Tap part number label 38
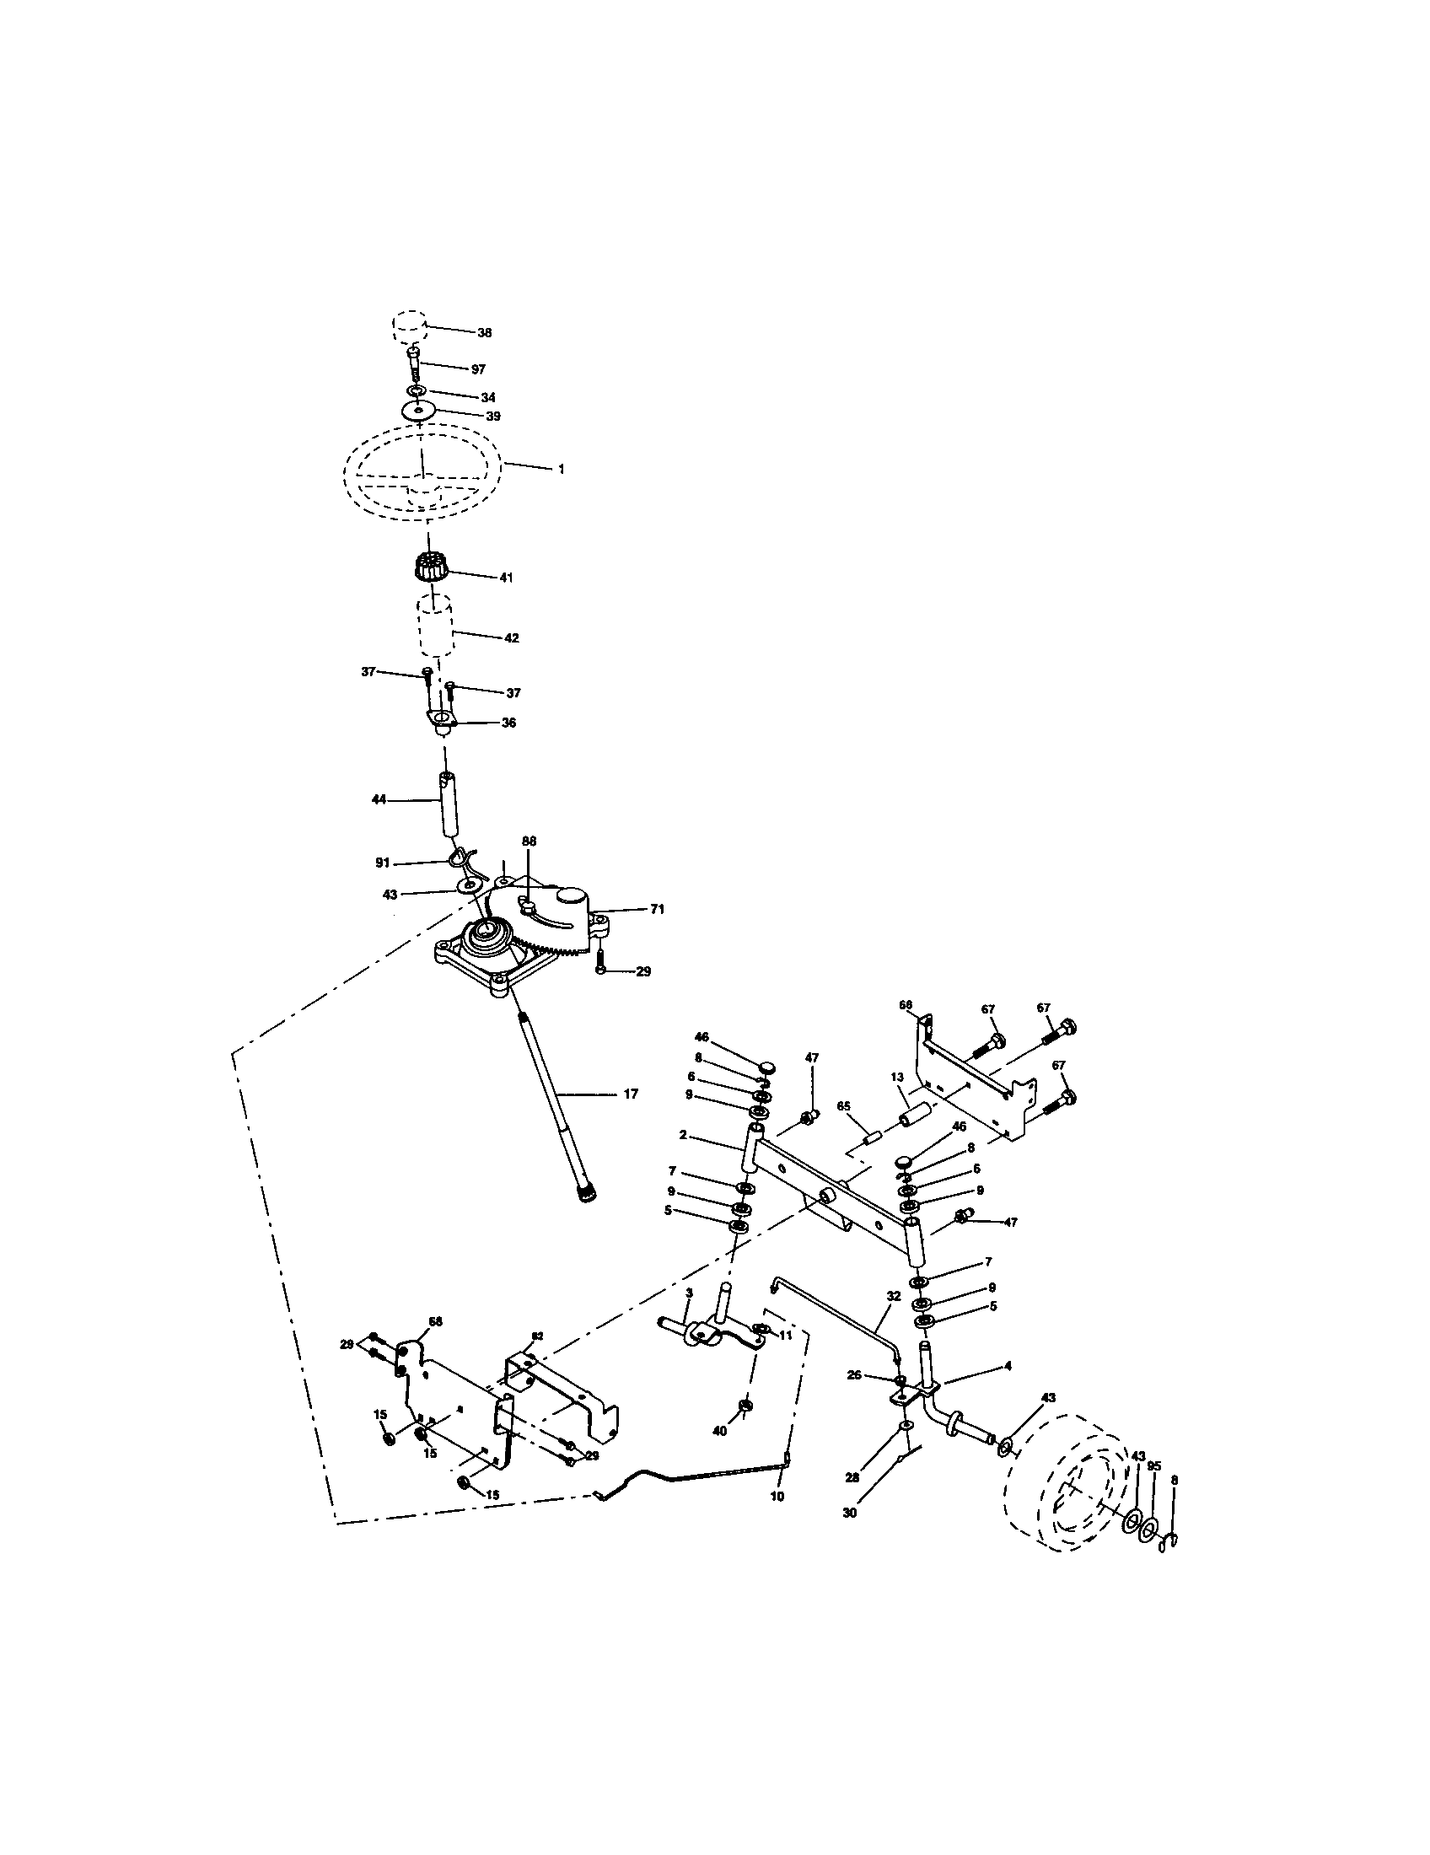pos(485,333)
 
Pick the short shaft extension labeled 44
pos(447,803)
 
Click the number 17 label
pos(630,1094)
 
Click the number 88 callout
pos(529,841)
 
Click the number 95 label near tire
pos(1153,1467)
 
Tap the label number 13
pos(897,1078)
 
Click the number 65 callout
pos(843,1108)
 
